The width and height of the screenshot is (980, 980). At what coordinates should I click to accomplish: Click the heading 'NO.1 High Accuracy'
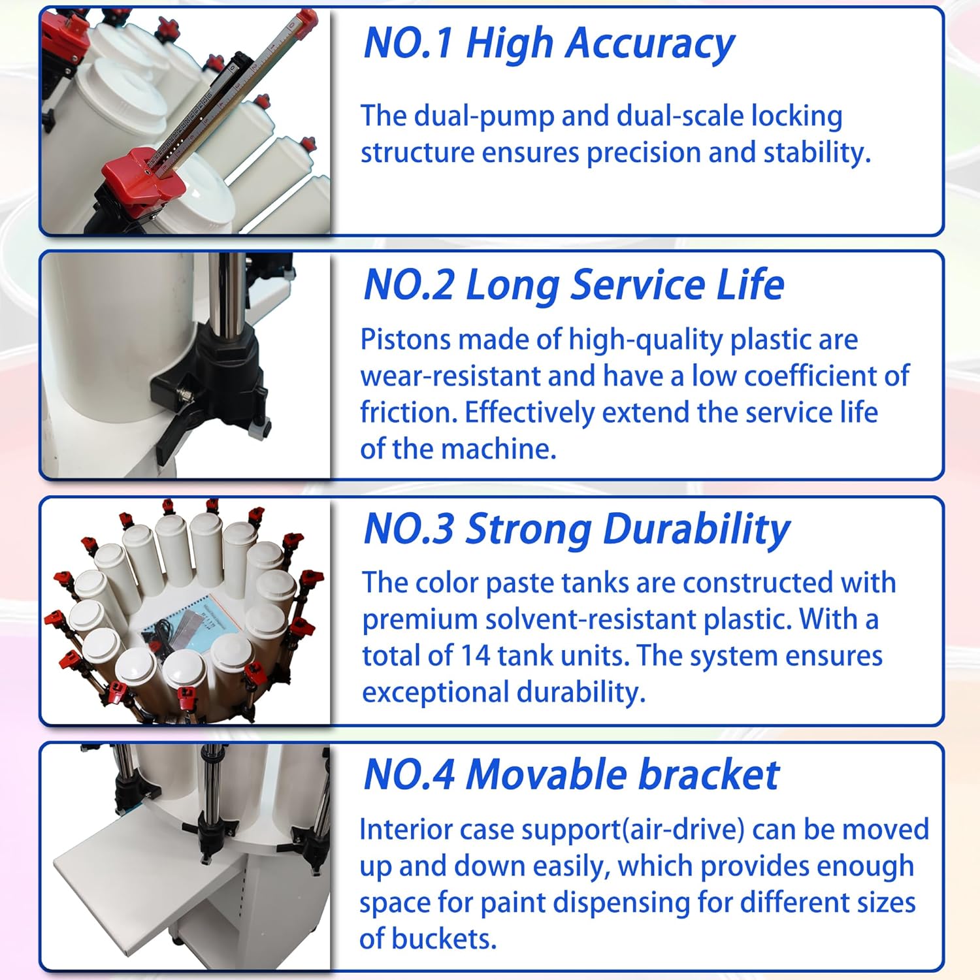549,44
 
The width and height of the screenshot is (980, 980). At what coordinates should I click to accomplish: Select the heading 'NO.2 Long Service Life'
574,286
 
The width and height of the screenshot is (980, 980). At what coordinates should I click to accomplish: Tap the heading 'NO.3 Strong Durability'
576,529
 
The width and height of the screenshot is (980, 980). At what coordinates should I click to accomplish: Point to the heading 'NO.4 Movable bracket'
571,775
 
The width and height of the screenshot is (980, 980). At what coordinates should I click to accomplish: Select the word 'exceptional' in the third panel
427,693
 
